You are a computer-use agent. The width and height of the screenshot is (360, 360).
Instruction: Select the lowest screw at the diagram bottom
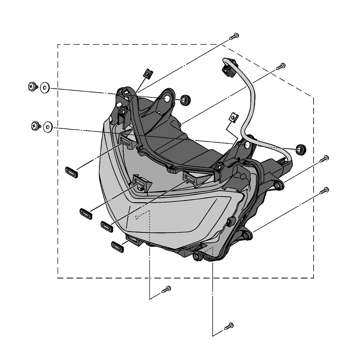(229, 326)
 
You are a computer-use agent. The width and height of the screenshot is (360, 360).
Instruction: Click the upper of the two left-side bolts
(33, 86)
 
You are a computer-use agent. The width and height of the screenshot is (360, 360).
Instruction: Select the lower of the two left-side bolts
(36, 126)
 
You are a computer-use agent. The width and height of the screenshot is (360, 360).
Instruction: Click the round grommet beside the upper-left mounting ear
(185, 100)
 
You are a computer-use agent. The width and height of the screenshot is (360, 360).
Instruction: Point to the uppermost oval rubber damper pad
(71, 172)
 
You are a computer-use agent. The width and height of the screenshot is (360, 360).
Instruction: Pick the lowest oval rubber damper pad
(118, 246)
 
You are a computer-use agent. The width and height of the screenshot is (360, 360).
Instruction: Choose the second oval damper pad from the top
(86, 213)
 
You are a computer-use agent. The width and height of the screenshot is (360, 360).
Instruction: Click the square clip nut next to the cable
(234, 117)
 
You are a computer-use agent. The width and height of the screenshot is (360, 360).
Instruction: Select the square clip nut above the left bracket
(148, 74)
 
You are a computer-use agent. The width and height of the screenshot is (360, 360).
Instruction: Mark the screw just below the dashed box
(166, 289)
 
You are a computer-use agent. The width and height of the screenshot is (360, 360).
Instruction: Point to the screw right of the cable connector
(281, 66)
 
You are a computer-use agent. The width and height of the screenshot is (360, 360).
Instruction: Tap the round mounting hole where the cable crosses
(247, 145)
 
